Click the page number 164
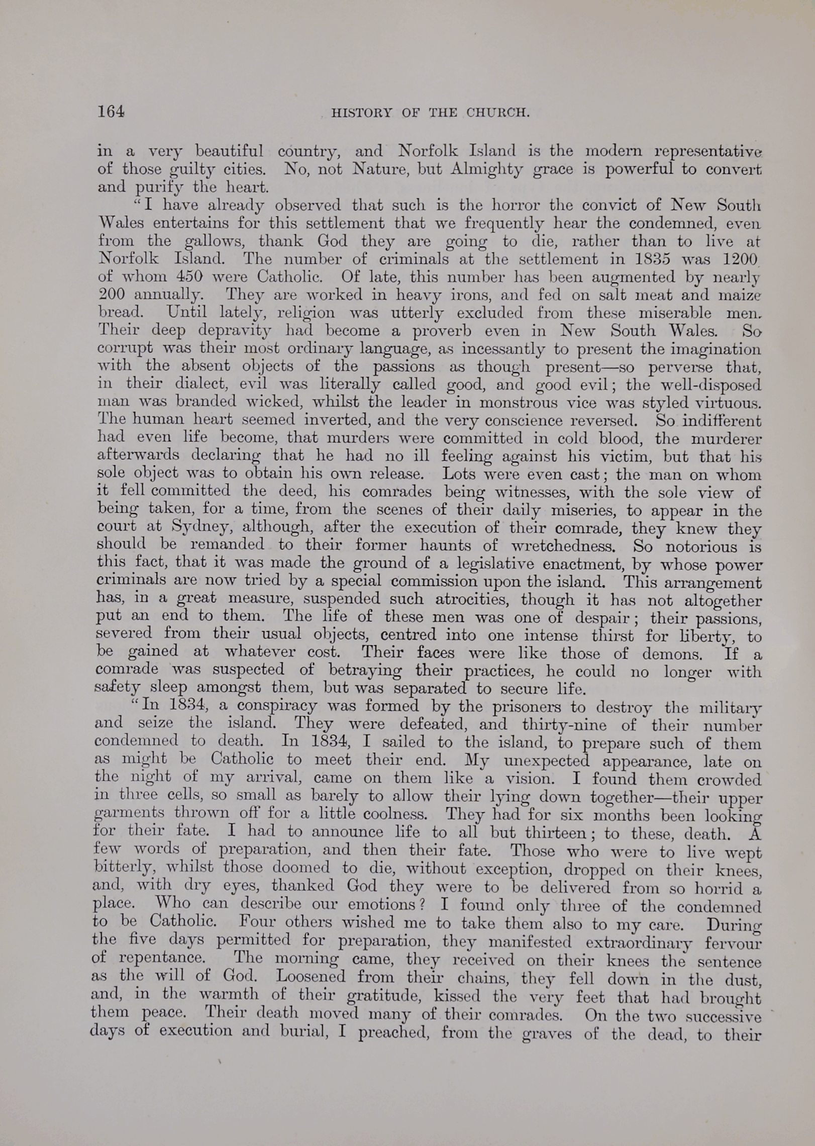coord(111,111)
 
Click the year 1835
coord(651,259)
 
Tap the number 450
coord(189,277)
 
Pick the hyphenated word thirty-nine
coord(564,725)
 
